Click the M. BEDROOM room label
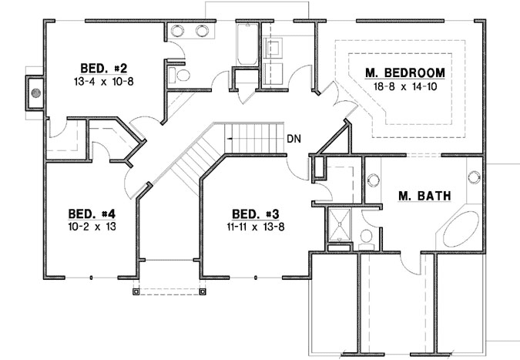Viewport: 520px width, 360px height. click(404, 73)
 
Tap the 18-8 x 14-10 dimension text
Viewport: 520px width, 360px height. click(404, 88)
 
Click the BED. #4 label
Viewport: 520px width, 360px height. click(92, 213)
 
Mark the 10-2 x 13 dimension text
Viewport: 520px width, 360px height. click(92, 227)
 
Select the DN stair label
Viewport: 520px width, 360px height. click(294, 140)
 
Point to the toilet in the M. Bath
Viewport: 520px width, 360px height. click(367, 236)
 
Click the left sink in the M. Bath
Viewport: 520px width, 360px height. click(374, 180)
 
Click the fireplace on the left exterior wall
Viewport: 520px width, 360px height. click(34, 95)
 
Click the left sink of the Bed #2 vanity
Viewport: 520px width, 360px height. click(176, 31)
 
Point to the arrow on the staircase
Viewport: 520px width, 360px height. click(230, 138)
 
